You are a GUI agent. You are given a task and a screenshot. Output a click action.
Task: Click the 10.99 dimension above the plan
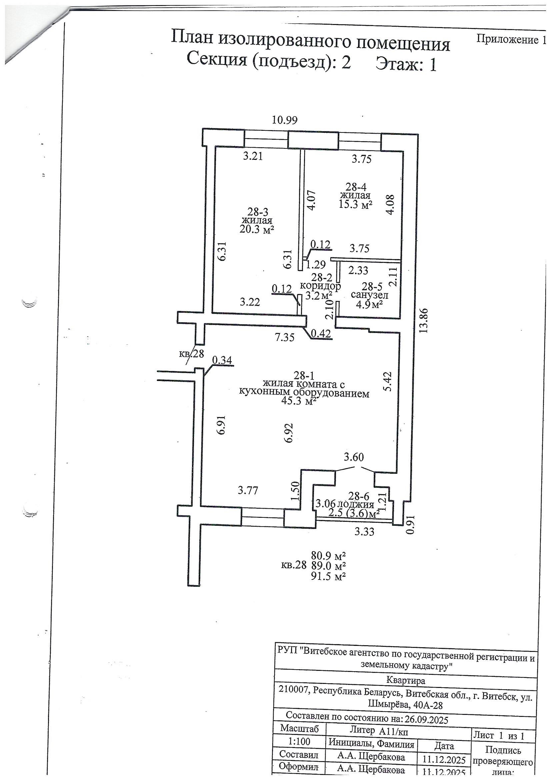[x=286, y=120]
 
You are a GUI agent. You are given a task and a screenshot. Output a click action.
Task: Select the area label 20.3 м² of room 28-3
[x=257, y=230]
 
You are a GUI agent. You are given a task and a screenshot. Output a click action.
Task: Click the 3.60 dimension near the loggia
[x=354, y=457]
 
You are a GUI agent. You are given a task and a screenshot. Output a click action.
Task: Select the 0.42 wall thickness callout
[x=321, y=334]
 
